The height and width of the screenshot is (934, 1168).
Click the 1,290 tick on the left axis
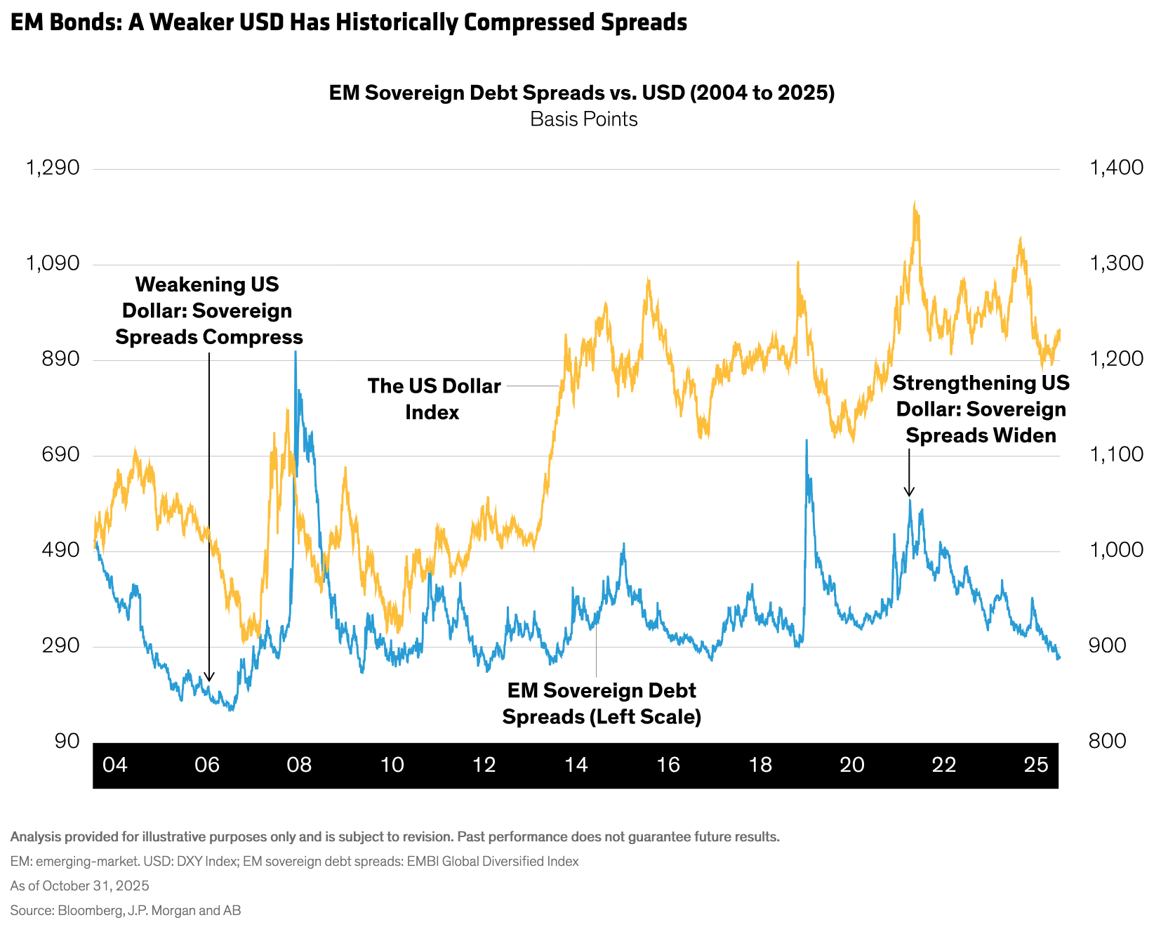pos(53,169)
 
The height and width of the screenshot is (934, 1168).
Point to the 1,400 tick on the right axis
pos(1116,169)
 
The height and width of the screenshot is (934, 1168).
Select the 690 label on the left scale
pos(62,455)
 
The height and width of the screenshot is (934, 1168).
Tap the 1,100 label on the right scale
pos(1116,455)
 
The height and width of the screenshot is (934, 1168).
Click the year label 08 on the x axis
pos(299,765)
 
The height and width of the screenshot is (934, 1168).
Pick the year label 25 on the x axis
pos(1036,765)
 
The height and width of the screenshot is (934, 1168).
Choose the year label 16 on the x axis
pos(668,765)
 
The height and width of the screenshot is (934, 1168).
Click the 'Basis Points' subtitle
pos(583,119)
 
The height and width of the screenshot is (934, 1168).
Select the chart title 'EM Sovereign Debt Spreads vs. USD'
pos(582,93)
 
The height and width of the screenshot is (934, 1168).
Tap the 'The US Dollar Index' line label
pos(434,399)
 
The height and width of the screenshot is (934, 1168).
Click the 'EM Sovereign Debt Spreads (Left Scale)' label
pos(602,704)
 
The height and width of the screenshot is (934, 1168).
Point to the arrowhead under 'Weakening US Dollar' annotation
pos(208,678)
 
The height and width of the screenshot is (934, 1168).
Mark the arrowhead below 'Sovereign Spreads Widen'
pos(909,493)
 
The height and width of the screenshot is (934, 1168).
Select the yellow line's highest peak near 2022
pos(915,204)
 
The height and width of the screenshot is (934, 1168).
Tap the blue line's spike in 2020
pos(807,441)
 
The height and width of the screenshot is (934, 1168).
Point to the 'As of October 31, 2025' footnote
pos(79,886)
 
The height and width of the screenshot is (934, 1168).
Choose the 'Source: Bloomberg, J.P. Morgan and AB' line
pos(125,911)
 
